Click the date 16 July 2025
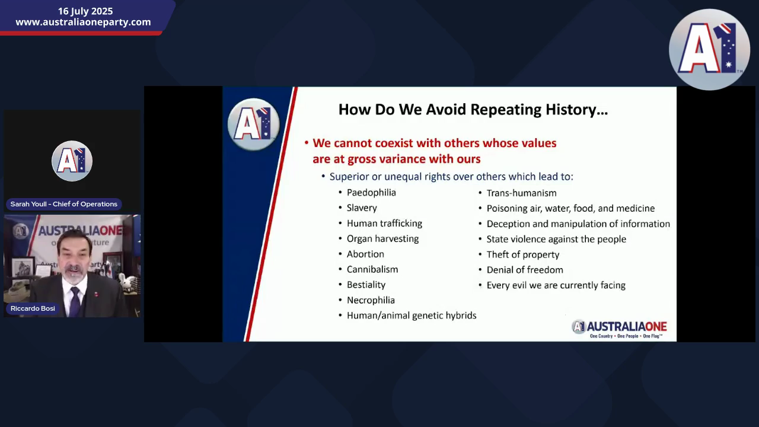coord(85,11)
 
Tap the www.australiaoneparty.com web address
coord(84,22)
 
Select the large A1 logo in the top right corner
coord(710,49)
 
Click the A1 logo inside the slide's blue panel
coord(253,124)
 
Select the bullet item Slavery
coord(362,208)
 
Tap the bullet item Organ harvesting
coord(382,238)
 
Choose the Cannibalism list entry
coord(372,269)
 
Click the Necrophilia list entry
coord(371,300)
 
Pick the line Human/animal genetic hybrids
coord(412,316)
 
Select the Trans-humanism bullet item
coord(521,193)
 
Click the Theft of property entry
coord(523,254)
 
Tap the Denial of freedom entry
coord(525,270)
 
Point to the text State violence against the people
coord(556,239)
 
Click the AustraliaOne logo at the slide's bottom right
coord(619,329)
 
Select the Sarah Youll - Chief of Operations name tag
coord(63,204)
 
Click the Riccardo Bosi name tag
coord(33,308)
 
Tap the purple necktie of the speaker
coord(75,302)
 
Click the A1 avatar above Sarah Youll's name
coord(72,161)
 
